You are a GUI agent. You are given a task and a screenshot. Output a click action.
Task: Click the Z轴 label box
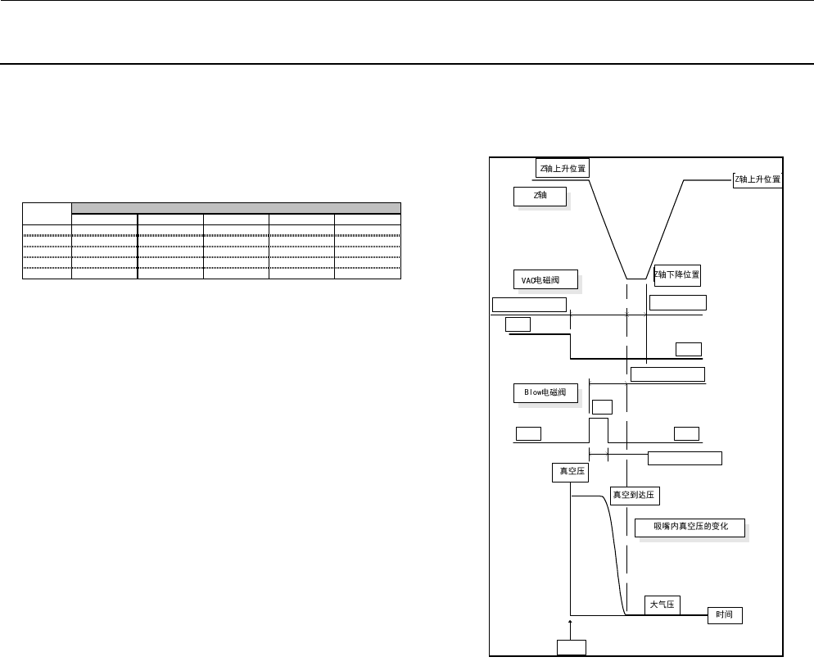pyautogui.click(x=540, y=197)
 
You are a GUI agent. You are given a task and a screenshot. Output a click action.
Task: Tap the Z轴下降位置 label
pyautogui.click(x=677, y=274)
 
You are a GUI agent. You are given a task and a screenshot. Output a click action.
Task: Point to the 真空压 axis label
pyautogui.click(x=569, y=471)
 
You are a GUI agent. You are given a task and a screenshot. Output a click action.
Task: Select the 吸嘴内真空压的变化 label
pyautogui.click(x=691, y=527)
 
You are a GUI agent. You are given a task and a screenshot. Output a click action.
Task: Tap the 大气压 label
pyautogui.click(x=662, y=605)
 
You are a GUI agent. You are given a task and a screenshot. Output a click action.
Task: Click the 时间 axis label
pyautogui.click(x=725, y=615)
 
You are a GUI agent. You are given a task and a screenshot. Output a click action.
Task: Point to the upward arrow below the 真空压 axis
pyautogui.click(x=570, y=627)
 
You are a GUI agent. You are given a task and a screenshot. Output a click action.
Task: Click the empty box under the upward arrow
pyautogui.click(x=571, y=647)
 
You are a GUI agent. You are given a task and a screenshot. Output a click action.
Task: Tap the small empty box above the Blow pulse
pyautogui.click(x=602, y=406)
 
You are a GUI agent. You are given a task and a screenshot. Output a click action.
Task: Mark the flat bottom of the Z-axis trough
pyautogui.click(x=636, y=279)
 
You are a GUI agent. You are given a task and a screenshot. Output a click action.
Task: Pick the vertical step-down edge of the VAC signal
pyautogui.click(x=571, y=347)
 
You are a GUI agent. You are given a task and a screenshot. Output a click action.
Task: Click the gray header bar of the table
pyautogui.click(x=236, y=207)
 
